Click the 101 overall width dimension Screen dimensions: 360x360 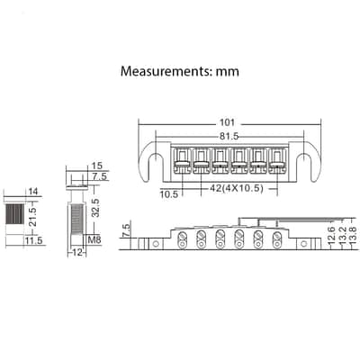coord(227,122)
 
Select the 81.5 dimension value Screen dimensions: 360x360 coord(229,136)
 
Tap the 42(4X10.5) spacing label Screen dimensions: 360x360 coord(237,188)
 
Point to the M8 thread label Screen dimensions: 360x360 coord(94,239)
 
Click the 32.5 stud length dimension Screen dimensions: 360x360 coord(95,208)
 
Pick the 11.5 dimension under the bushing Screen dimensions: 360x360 coord(34,240)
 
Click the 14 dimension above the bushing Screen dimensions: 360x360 coord(32,192)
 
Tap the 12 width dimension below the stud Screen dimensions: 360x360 coord(76,252)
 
